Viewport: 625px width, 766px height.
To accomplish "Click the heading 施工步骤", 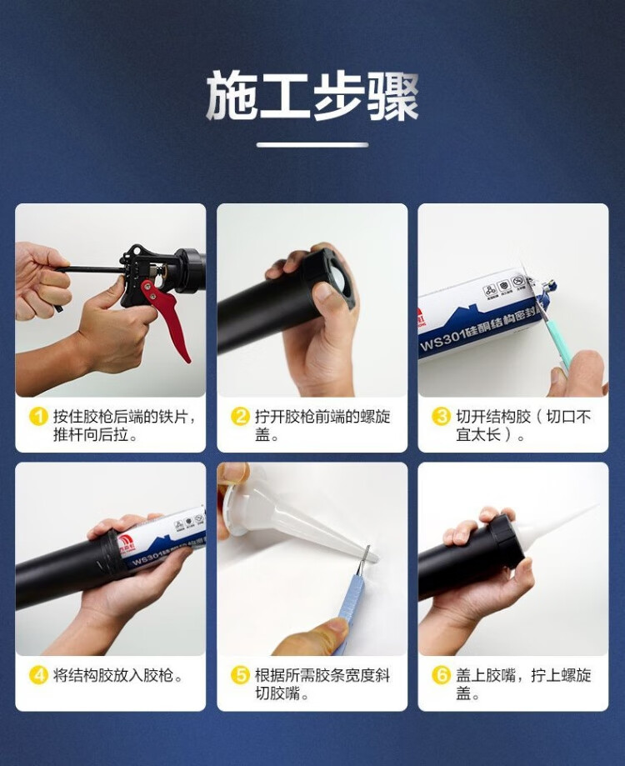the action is (x=312, y=96).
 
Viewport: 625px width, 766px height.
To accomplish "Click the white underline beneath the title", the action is (x=312, y=144).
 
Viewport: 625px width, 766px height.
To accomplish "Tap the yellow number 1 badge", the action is (x=38, y=417).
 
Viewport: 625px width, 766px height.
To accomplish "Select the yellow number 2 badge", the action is (x=240, y=417).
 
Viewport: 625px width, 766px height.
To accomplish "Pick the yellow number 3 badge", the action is (x=441, y=417).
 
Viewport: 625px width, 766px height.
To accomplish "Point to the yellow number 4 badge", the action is (x=38, y=676).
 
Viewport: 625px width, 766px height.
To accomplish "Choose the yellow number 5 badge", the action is (x=240, y=676).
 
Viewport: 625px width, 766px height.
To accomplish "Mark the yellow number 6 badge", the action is (x=441, y=676).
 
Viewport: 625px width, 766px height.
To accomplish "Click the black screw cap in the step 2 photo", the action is (x=331, y=279).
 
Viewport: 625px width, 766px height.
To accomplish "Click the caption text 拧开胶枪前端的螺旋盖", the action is (x=322, y=425).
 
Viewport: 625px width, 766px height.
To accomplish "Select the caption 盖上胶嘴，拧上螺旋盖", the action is (x=523, y=684).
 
